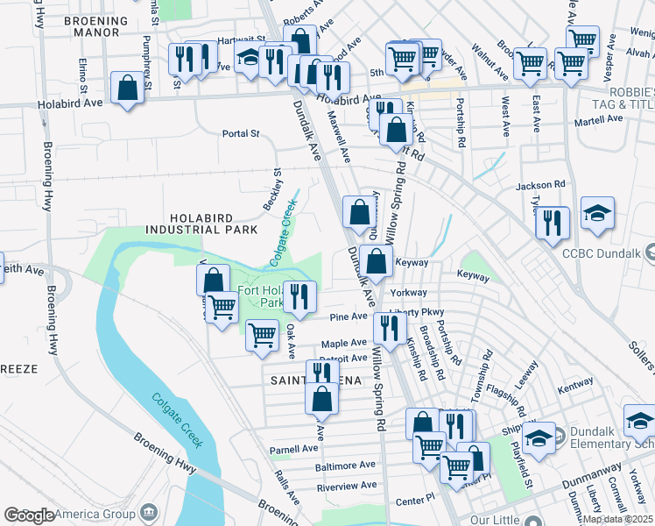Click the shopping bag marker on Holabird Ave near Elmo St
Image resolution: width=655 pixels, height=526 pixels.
[128, 89]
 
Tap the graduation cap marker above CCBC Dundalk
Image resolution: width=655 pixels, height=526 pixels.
[597, 214]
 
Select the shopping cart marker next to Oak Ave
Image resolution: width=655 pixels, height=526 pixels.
[263, 336]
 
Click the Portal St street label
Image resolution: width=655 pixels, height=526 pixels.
[242, 134]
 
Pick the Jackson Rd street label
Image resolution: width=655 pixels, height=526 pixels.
[540, 186]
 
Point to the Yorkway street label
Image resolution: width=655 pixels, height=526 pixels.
[409, 293]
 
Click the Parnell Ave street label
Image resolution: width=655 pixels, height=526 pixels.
[293, 449]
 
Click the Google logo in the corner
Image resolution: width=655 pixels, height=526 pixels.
[29, 515]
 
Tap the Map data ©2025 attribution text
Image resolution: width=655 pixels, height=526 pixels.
[617, 519]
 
